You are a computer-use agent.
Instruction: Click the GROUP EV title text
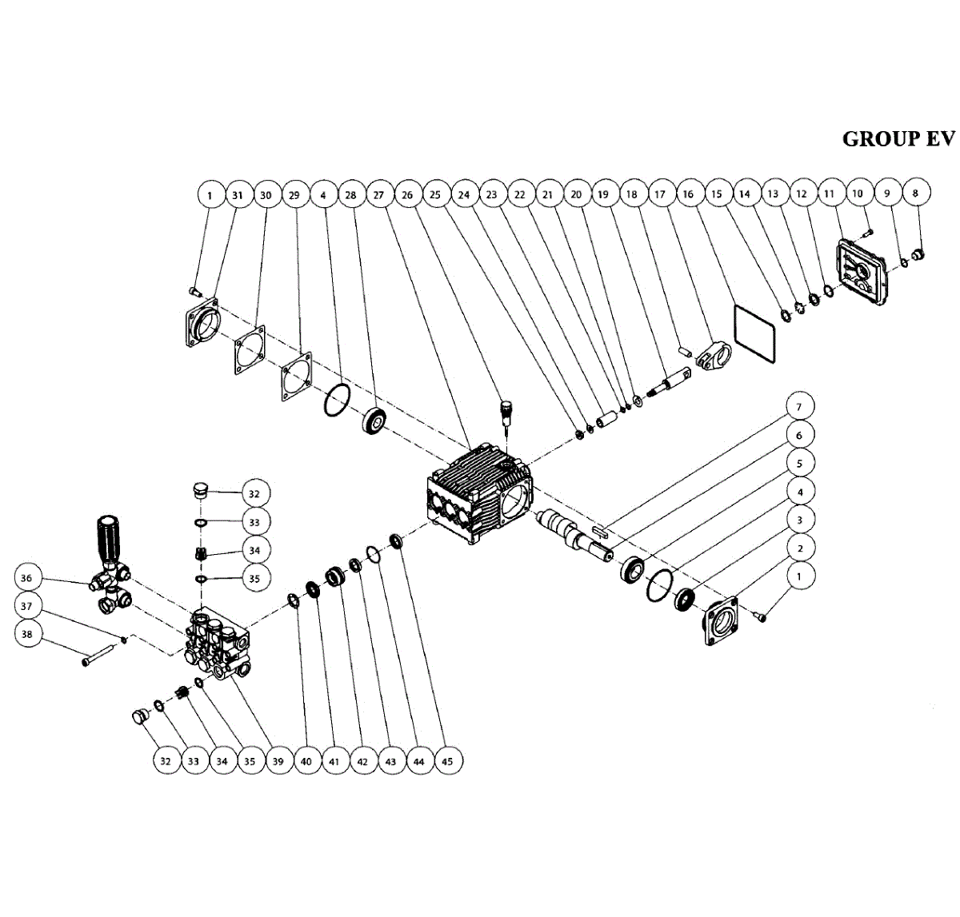point(898,138)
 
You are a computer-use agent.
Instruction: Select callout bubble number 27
point(378,194)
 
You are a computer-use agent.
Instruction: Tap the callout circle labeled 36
point(27,578)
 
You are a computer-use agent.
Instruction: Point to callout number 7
point(798,407)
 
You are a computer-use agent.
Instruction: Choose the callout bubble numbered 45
point(446,761)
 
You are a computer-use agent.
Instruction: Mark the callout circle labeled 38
point(27,634)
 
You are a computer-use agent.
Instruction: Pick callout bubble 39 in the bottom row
point(278,761)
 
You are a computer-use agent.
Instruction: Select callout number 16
point(688,193)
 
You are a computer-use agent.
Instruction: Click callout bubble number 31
point(238,194)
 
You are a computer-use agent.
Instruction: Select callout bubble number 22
point(519,194)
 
